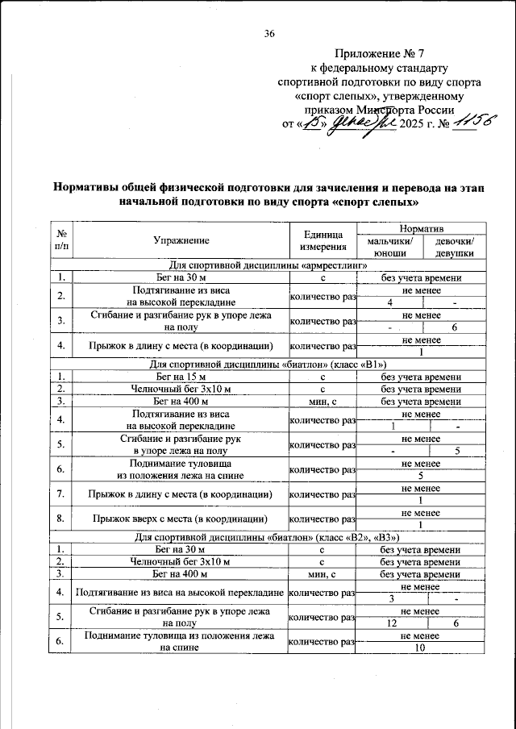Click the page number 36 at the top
[269, 33]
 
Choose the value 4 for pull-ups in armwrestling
[389, 302]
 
